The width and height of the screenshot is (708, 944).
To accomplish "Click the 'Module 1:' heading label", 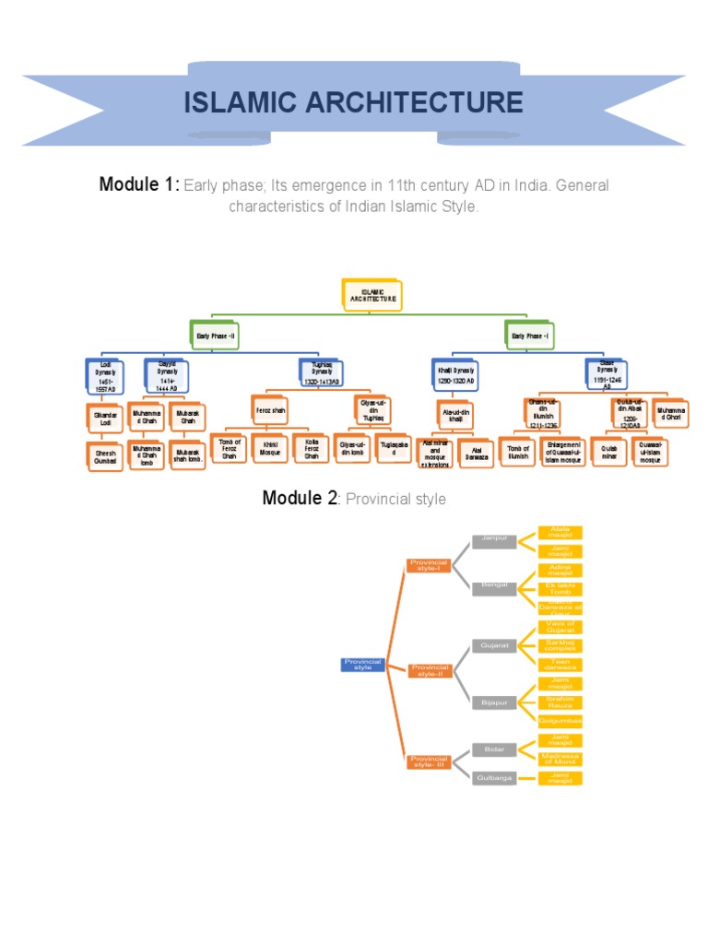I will pyautogui.click(x=138, y=185).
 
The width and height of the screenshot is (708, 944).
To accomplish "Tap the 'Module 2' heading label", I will pyautogui.click(x=299, y=499).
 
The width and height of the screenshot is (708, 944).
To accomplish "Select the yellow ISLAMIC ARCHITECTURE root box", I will pyautogui.click(x=372, y=295).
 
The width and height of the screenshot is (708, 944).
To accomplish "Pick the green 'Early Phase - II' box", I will pyautogui.click(x=216, y=336).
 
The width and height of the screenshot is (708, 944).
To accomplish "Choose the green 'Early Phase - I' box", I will pyautogui.click(x=530, y=336).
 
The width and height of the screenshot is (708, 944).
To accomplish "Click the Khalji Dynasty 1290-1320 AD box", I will pyautogui.click(x=456, y=374).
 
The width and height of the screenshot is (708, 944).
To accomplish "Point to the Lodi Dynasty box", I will pyautogui.click(x=106, y=377).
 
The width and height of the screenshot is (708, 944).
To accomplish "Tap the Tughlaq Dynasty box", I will pyautogui.click(x=321, y=374).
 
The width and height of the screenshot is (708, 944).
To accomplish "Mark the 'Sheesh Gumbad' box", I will pyautogui.click(x=106, y=455).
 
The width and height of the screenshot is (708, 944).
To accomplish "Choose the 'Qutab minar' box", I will pyautogui.click(x=608, y=451).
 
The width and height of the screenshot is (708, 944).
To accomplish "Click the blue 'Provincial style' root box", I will pyautogui.click(x=363, y=664).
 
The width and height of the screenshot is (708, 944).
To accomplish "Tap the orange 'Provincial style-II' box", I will pyautogui.click(x=431, y=670).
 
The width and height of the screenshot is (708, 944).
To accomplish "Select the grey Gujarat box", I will pyautogui.click(x=493, y=645).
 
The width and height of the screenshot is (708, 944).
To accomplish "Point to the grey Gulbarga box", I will pyautogui.click(x=493, y=778).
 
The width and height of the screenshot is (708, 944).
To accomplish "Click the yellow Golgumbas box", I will pyautogui.click(x=560, y=720).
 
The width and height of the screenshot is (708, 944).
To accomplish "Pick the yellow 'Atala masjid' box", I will pyautogui.click(x=560, y=532).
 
